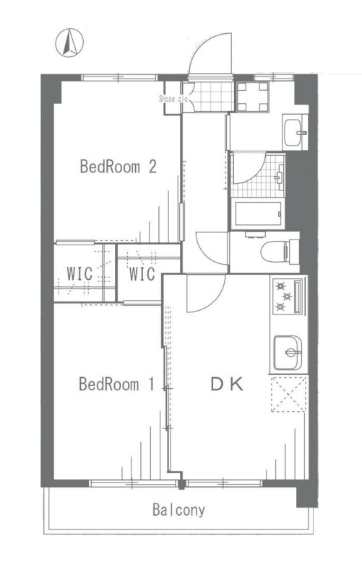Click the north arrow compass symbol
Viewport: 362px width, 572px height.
(x=69, y=43)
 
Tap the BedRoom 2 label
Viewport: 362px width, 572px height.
(x=118, y=167)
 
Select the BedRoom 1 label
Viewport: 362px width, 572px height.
(x=116, y=384)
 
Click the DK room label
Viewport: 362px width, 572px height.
(x=227, y=384)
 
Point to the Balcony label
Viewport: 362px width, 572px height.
(x=178, y=510)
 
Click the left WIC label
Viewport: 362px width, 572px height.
(x=79, y=273)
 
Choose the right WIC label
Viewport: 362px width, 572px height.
(x=142, y=274)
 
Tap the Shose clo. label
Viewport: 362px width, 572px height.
(x=173, y=99)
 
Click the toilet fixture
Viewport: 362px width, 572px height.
(x=280, y=251)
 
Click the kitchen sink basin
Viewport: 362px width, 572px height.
(x=288, y=353)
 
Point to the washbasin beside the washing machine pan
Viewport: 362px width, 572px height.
(x=295, y=132)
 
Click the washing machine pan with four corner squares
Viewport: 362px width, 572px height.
(x=252, y=97)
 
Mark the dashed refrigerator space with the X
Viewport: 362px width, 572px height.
(x=288, y=395)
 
